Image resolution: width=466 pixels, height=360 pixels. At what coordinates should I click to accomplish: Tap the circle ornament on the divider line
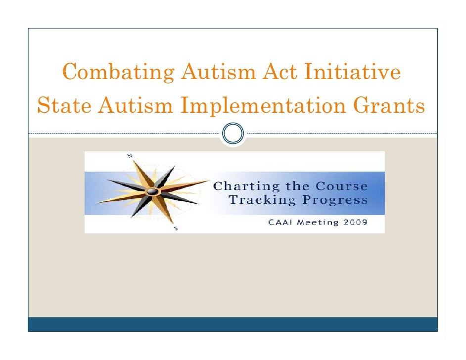click(233, 134)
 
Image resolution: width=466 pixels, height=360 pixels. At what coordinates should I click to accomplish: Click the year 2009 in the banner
click(357, 222)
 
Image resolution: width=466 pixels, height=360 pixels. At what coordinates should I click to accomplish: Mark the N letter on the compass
click(130, 155)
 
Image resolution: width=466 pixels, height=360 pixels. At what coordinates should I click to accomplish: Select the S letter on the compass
click(176, 228)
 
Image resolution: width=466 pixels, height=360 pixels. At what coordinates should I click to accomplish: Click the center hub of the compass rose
click(153, 191)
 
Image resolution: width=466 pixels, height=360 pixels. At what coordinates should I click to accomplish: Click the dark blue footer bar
click(233, 324)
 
